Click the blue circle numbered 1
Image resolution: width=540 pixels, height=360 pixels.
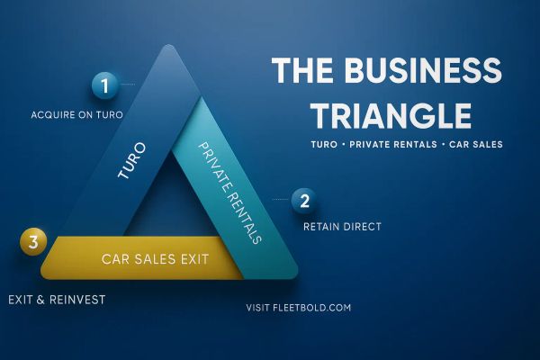(x=105, y=86)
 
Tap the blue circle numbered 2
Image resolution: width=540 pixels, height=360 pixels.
(x=304, y=201)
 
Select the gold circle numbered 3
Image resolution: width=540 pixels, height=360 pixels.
(x=33, y=241)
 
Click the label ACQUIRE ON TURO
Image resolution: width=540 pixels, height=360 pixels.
(x=76, y=115)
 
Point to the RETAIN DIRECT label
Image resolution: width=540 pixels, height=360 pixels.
(x=342, y=226)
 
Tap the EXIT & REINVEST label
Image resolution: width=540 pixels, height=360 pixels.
(x=57, y=299)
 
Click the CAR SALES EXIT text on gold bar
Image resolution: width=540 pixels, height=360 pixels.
(x=156, y=259)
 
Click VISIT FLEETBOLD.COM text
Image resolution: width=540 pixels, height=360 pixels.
(x=298, y=308)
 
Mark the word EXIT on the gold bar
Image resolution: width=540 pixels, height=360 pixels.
(x=192, y=259)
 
